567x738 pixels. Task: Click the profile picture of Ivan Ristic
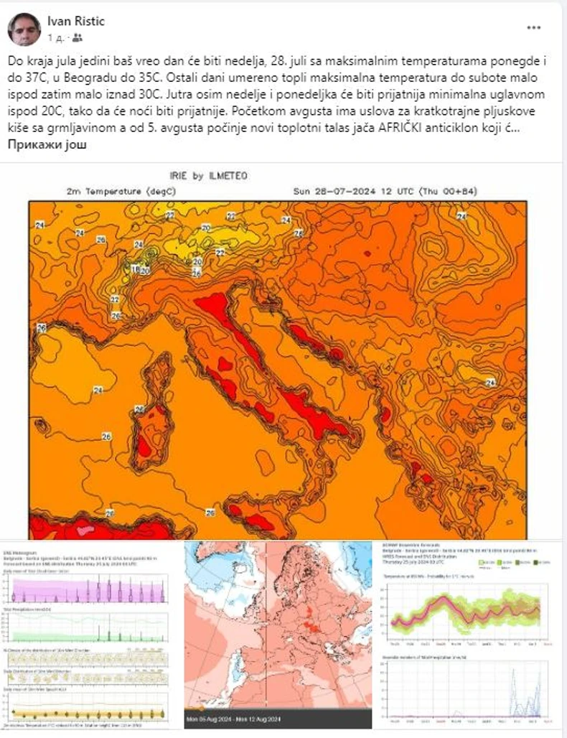24,29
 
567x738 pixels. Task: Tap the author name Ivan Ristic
76,22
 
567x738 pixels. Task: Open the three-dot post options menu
533,28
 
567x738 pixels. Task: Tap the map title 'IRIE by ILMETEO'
209,176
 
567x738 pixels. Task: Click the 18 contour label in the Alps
136,268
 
